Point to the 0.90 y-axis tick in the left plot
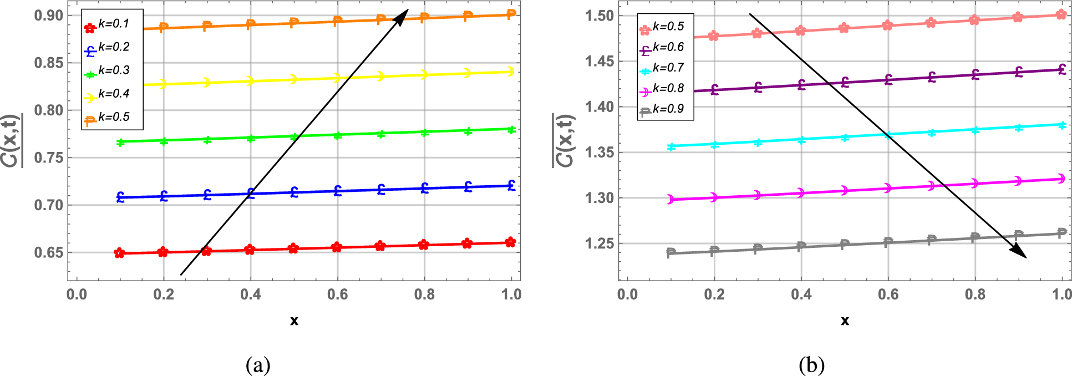pos(49,16)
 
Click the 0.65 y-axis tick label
pos(49,253)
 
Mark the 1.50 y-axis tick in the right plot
pos(599,16)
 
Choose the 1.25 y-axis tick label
pos(599,243)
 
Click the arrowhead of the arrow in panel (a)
pos(402,15)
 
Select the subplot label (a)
pos(258,365)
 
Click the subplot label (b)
pos(811,365)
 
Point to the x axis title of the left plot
pos(294,321)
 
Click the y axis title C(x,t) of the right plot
pos(564,140)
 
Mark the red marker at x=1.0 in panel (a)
pos(511,242)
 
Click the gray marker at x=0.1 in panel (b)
pos(671,252)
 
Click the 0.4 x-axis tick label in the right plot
pos(801,294)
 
